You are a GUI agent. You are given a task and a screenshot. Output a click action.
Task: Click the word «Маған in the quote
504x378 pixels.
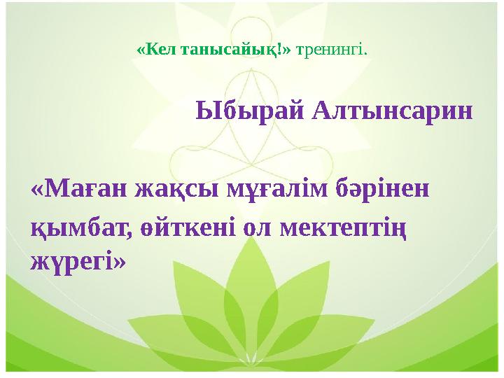point(75,190)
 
